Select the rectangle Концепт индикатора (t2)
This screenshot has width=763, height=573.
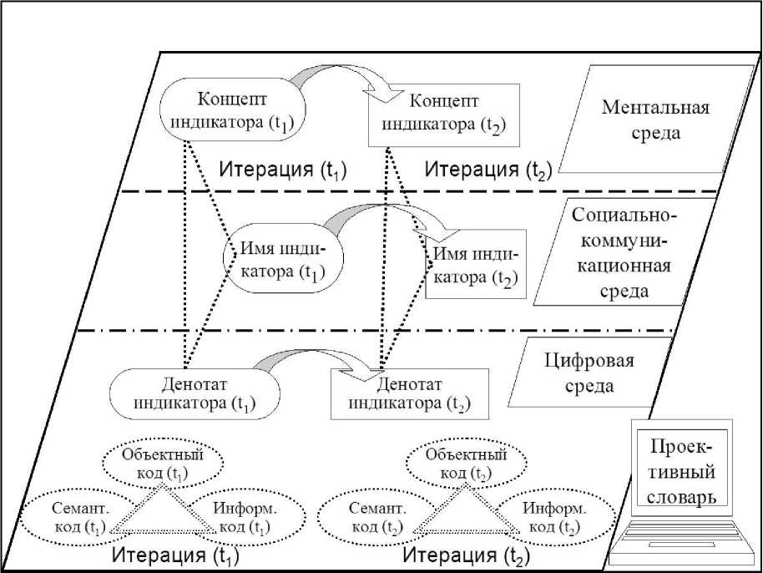[444, 114]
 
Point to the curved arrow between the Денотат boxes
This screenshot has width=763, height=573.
[309, 361]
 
